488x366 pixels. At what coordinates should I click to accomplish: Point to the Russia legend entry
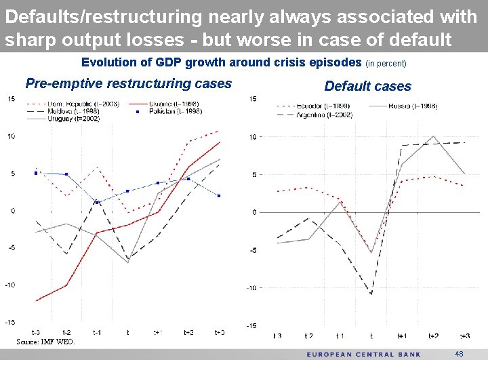(413, 106)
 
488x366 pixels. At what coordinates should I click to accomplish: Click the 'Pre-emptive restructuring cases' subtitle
(128, 83)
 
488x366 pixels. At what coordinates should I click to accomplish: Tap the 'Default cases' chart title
(367, 86)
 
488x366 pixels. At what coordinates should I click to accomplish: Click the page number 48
(459, 354)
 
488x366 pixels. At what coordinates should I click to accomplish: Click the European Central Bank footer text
(363, 354)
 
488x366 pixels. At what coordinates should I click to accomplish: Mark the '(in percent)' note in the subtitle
(386, 64)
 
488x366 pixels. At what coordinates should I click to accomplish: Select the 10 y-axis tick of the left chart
(12, 137)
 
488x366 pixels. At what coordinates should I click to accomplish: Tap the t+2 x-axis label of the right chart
(434, 335)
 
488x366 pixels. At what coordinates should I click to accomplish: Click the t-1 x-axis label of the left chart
(97, 332)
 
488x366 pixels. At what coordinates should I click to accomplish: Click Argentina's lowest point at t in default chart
(371, 294)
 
